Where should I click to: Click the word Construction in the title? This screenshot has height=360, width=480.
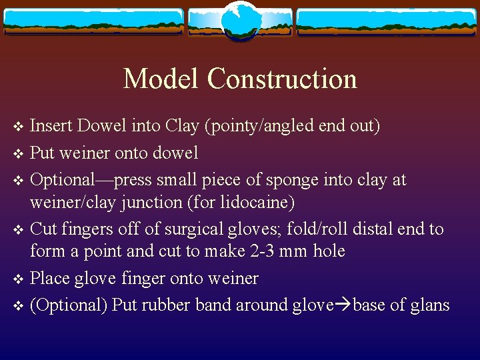[282, 79]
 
